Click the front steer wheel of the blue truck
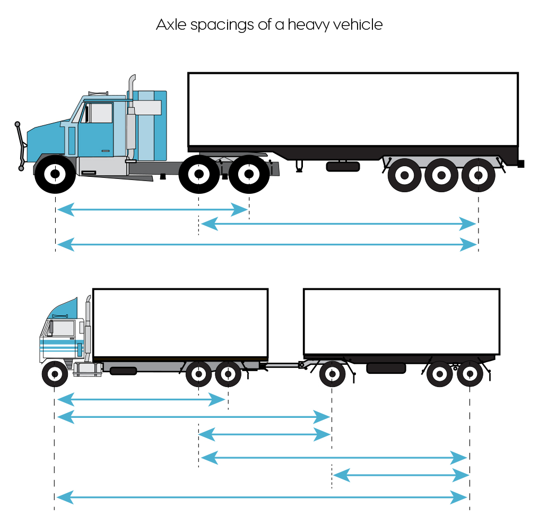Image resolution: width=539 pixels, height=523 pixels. [55, 174]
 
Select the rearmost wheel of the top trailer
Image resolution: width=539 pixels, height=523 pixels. [479, 175]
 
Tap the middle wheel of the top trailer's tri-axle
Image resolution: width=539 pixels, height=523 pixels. [441, 175]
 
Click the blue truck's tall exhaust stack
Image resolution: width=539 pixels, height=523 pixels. [132, 114]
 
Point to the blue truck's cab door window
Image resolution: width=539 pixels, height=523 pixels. [100, 113]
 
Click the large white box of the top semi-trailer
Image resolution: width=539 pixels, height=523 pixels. [353, 109]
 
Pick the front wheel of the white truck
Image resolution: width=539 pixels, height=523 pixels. [55, 374]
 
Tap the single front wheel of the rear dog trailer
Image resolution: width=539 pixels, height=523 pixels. [332, 374]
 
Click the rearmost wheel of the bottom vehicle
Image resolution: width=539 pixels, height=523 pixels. [470, 374]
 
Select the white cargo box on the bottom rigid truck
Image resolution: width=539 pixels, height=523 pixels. [180, 322]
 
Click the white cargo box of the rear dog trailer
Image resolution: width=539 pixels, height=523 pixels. [401, 321]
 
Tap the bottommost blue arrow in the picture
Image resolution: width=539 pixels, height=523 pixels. [262, 498]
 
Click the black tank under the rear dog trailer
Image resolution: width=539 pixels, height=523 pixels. [386, 368]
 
